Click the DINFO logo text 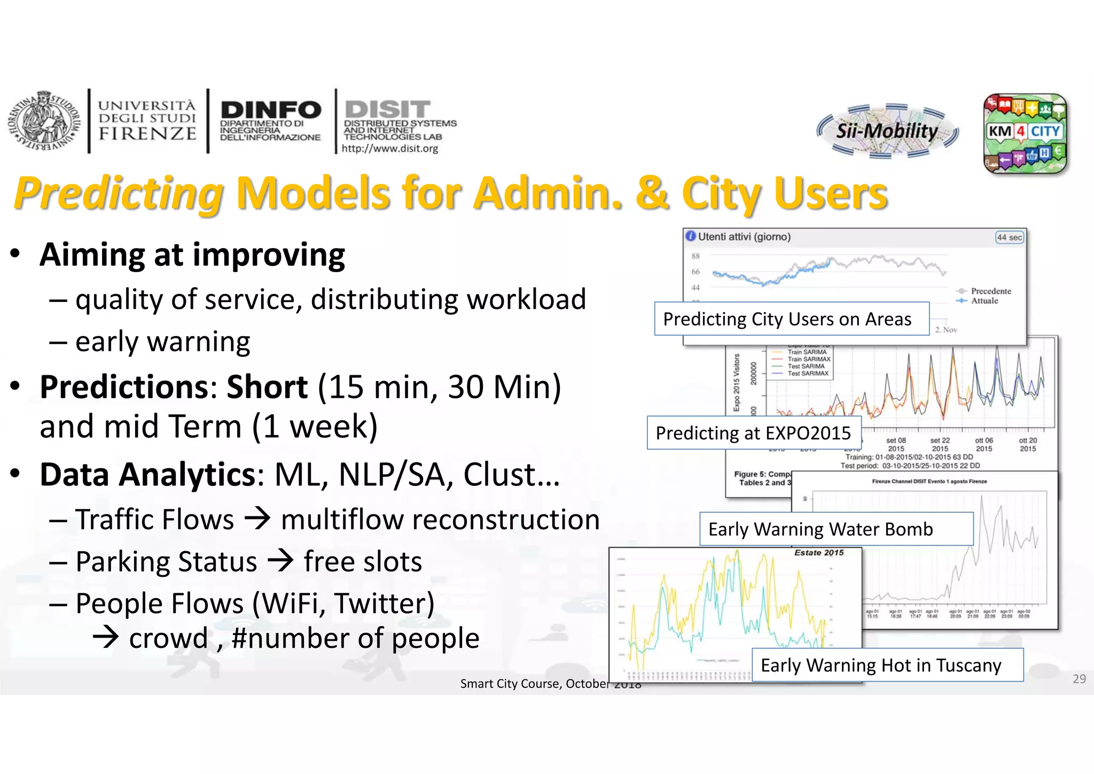[x=270, y=111]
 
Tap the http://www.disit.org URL [x=389, y=149]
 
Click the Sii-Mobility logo [x=887, y=131]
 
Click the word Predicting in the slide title [x=119, y=193]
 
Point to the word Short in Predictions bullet [x=267, y=386]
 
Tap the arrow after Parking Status [x=280, y=561]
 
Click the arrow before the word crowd [x=105, y=637]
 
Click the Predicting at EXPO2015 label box [x=753, y=433]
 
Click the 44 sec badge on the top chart [x=1009, y=237]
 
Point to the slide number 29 [x=1079, y=679]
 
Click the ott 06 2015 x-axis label [x=983, y=444]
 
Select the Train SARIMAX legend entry [x=808, y=359]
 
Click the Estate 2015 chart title [x=818, y=553]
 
